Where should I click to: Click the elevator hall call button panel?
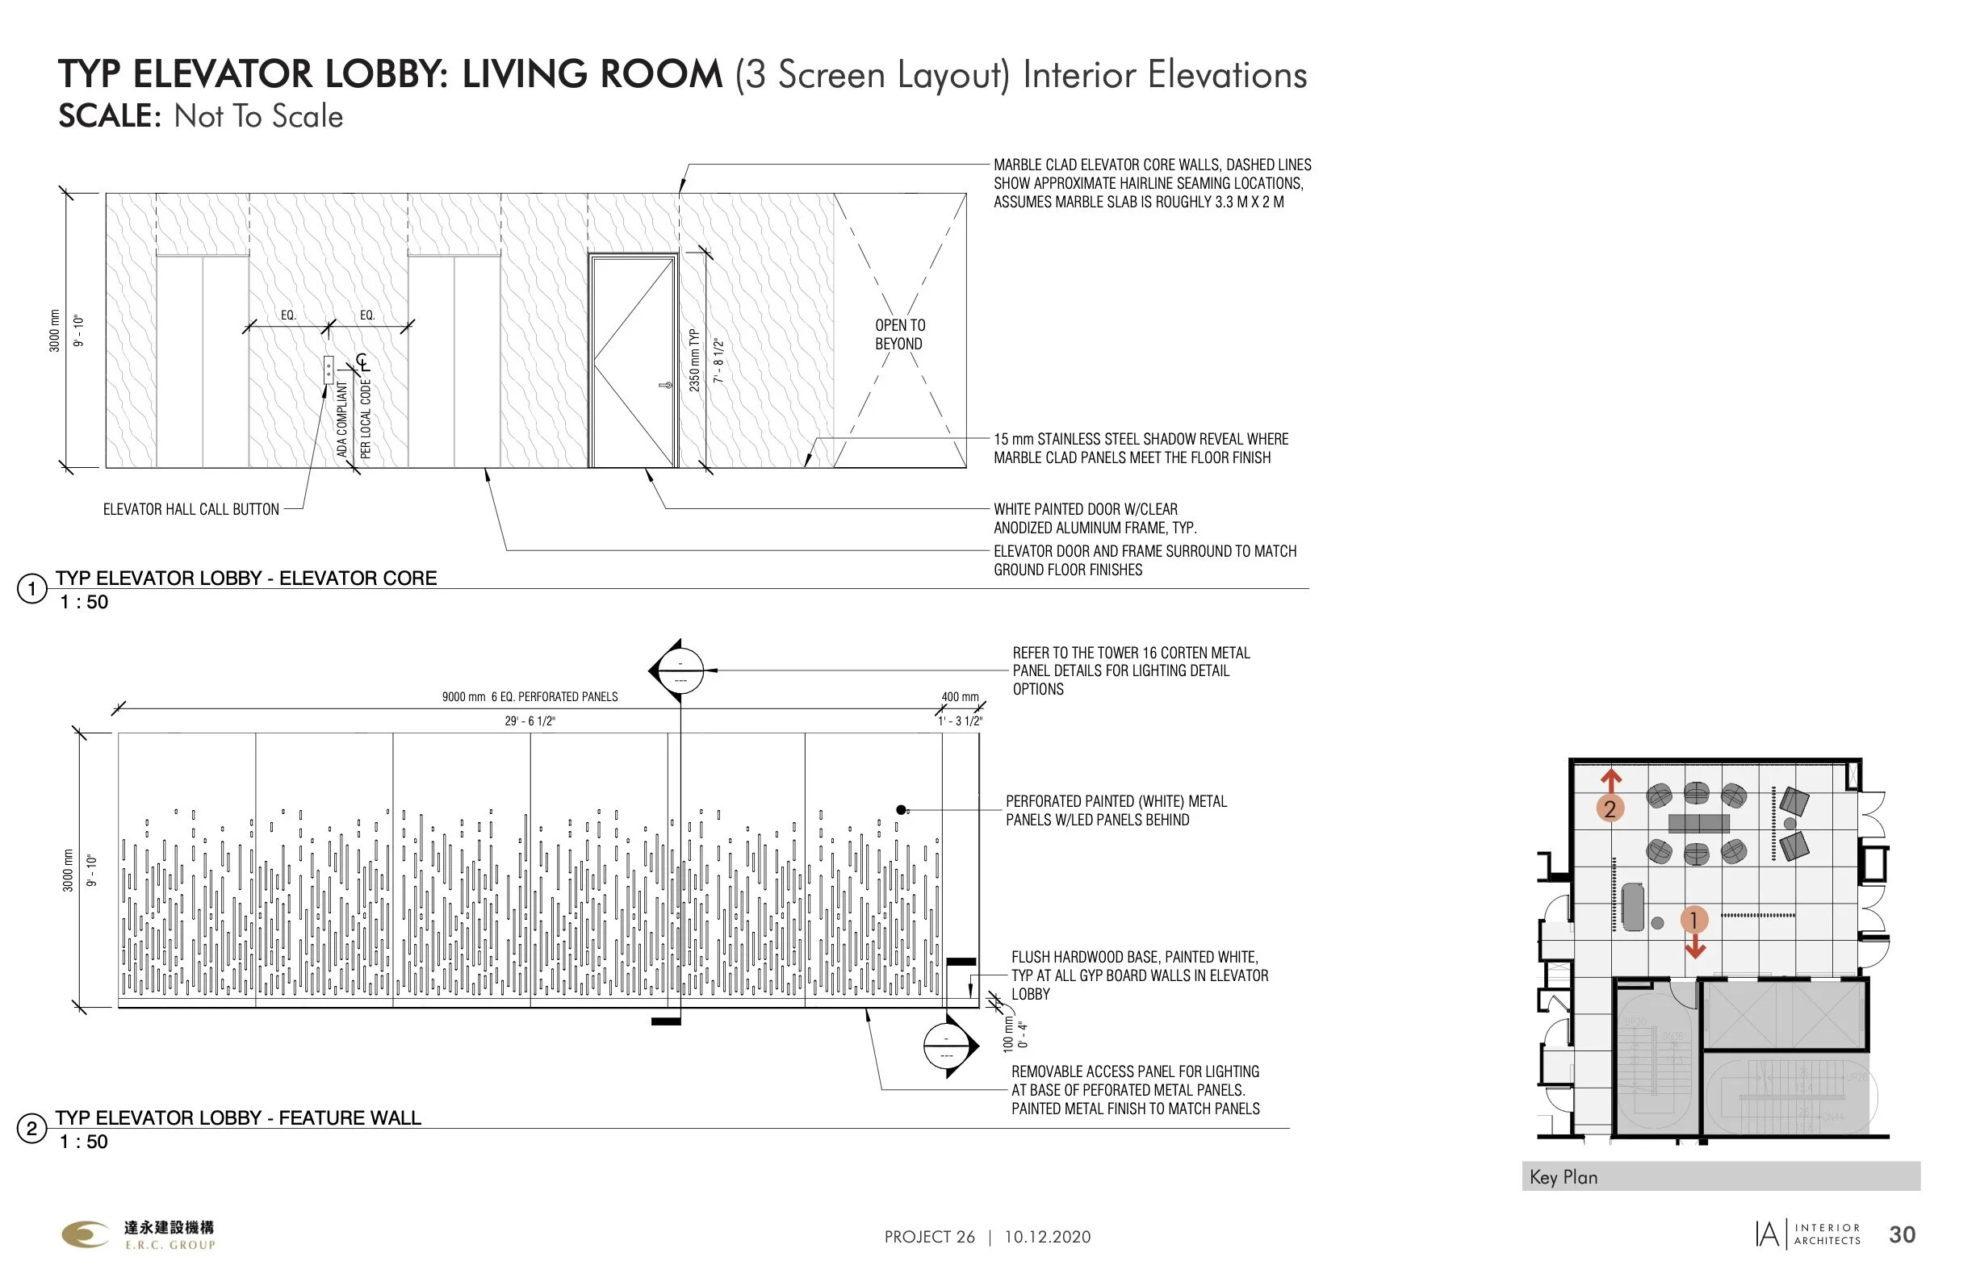(x=329, y=370)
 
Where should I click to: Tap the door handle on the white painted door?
(x=666, y=385)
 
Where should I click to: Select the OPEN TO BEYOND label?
(x=899, y=335)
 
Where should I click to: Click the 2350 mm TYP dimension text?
(x=695, y=360)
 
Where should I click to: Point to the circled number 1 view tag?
(x=31, y=590)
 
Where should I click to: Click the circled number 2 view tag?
(x=31, y=1129)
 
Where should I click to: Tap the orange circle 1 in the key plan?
(x=1693, y=920)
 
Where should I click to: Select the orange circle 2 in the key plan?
(x=1610, y=808)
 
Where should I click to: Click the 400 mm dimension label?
(x=960, y=697)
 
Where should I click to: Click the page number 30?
(x=1902, y=1235)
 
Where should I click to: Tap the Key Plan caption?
(x=1564, y=1177)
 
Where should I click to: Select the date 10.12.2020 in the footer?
(x=1047, y=1238)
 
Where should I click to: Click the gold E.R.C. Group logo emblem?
(x=86, y=1234)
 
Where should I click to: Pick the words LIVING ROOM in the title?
(x=592, y=75)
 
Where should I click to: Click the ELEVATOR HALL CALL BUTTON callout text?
(x=191, y=510)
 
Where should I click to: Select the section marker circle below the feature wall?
(x=946, y=1046)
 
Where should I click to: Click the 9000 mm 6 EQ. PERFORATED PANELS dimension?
(x=530, y=697)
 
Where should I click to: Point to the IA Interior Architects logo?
(x=1808, y=1235)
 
